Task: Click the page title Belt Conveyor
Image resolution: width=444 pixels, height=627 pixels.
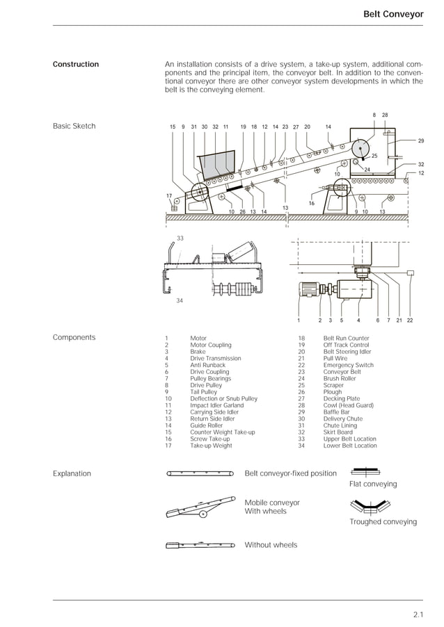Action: [393, 14]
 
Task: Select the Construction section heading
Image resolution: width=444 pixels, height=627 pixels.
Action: [76, 65]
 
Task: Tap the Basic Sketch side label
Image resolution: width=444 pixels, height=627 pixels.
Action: [74, 127]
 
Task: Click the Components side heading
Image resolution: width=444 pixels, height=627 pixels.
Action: [74, 338]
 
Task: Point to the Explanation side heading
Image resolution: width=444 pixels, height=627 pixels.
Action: [72, 474]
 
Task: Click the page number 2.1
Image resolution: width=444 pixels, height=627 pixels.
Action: [417, 614]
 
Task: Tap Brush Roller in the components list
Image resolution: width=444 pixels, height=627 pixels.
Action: [340, 379]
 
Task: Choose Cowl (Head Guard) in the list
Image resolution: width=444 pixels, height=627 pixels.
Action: [348, 405]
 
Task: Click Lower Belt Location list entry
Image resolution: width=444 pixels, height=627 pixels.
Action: [349, 446]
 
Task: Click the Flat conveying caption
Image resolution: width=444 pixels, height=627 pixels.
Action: [372, 484]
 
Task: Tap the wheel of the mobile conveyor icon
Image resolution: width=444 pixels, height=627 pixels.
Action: [202, 514]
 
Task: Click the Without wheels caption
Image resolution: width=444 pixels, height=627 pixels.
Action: [271, 545]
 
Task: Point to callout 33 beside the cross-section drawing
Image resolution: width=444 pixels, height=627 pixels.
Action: [180, 238]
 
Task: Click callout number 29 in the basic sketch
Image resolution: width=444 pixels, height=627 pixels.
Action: [421, 141]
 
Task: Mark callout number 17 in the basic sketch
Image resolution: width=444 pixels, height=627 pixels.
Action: [169, 196]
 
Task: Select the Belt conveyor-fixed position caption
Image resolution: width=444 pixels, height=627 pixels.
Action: [290, 474]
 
